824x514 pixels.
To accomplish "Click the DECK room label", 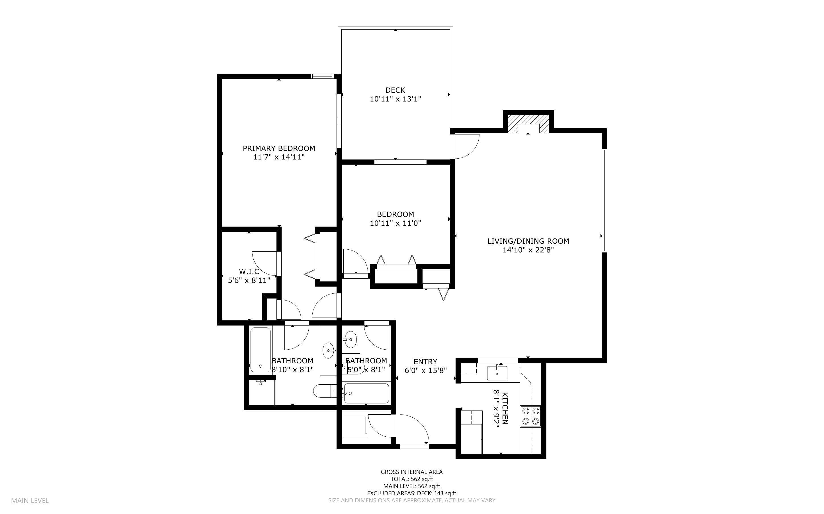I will coord(395,90).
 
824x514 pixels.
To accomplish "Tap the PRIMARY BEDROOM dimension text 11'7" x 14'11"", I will coord(279,157).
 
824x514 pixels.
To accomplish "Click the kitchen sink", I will coord(497,373).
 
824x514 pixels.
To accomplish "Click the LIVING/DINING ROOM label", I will coord(528,241).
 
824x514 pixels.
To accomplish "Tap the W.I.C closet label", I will coord(249,271).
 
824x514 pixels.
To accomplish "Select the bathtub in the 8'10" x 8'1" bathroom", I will coord(260,349).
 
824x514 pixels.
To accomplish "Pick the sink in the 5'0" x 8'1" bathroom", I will coord(350,339).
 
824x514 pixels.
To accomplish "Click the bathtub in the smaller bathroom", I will coord(366,394).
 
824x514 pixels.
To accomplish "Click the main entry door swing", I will coord(413,429).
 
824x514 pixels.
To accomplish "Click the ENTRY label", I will coord(425,361).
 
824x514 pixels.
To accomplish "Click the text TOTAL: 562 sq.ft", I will coord(411,479).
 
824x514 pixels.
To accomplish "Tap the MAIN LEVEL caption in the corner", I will coord(30,500).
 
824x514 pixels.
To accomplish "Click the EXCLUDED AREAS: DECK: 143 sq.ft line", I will coord(411,493).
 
